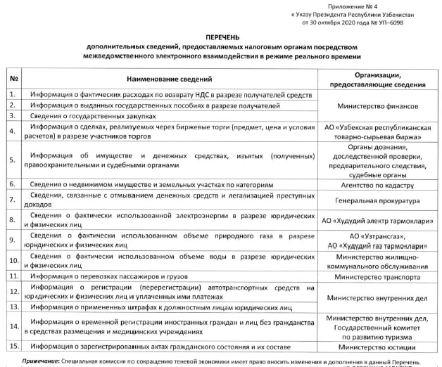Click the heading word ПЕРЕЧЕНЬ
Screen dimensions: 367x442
coord(222,34)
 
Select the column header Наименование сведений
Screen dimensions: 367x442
coord(173,78)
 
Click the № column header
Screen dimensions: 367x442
coord(13,78)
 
